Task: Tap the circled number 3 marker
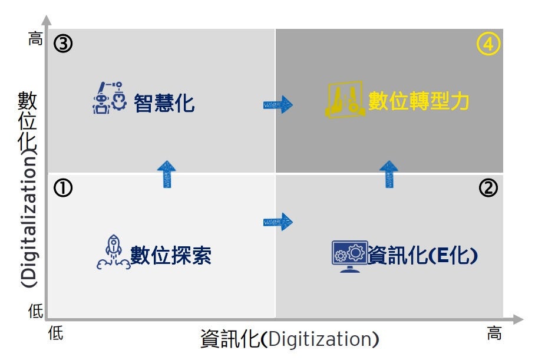pos(63,45)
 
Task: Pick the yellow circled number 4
pos(488,45)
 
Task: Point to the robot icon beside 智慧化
pos(110,97)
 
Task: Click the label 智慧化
pos(164,103)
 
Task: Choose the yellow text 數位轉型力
pos(419,101)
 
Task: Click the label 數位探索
pos(171,256)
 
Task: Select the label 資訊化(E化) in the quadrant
pos(422,255)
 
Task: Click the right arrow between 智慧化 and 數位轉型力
pos(278,105)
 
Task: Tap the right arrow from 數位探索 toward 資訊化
pos(278,222)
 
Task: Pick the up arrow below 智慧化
pos(167,174)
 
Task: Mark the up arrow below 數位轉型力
pos(388,174)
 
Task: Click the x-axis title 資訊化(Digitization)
pos(289,339)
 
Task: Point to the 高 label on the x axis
pos(494,333)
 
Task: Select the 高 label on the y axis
pos(37,40)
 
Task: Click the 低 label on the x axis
pos(55,333)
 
